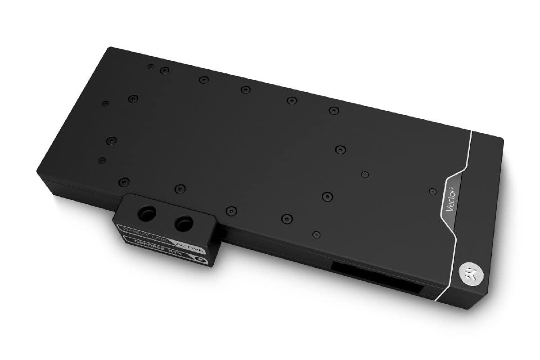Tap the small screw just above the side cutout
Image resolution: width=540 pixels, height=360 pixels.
[317, 234]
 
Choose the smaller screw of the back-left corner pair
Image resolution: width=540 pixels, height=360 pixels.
[151, 67]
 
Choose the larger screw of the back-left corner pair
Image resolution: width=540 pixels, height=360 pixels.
[165, 70]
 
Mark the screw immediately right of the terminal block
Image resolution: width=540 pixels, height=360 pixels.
[231, 210]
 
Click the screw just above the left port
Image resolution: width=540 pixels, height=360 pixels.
[123, 181]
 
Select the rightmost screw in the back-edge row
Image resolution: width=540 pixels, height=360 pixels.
[333, 110]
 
